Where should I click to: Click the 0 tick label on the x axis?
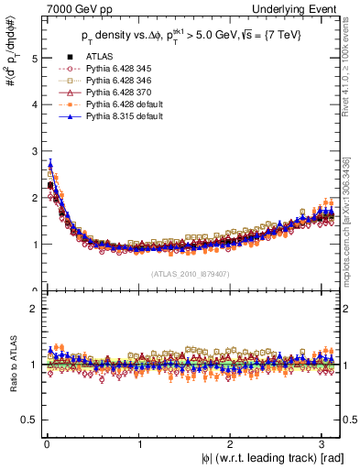pyautogui.click(x=46, y=446)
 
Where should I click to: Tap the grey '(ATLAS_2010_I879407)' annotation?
pyautogui.click(x=191, y=273)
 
